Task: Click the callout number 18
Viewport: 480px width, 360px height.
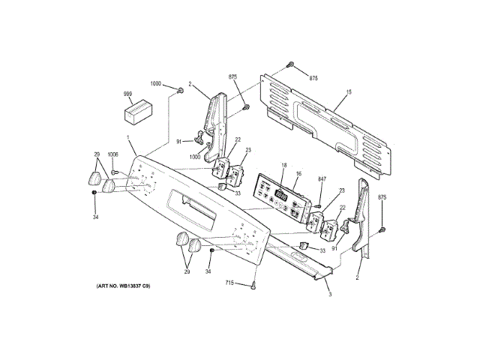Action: [284, 165]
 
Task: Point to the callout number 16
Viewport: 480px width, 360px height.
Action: [298, 174]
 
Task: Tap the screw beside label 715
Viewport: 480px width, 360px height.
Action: [255, 285]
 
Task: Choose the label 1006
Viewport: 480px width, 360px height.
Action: [112, 154]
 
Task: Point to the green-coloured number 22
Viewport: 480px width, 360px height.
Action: [343, 208]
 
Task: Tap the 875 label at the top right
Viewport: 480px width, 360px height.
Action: [313, 78]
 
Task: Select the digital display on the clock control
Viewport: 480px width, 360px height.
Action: [281, 196]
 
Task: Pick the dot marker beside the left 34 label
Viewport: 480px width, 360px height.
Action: [94, 193]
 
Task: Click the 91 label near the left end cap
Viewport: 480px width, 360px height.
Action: [179, 141]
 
